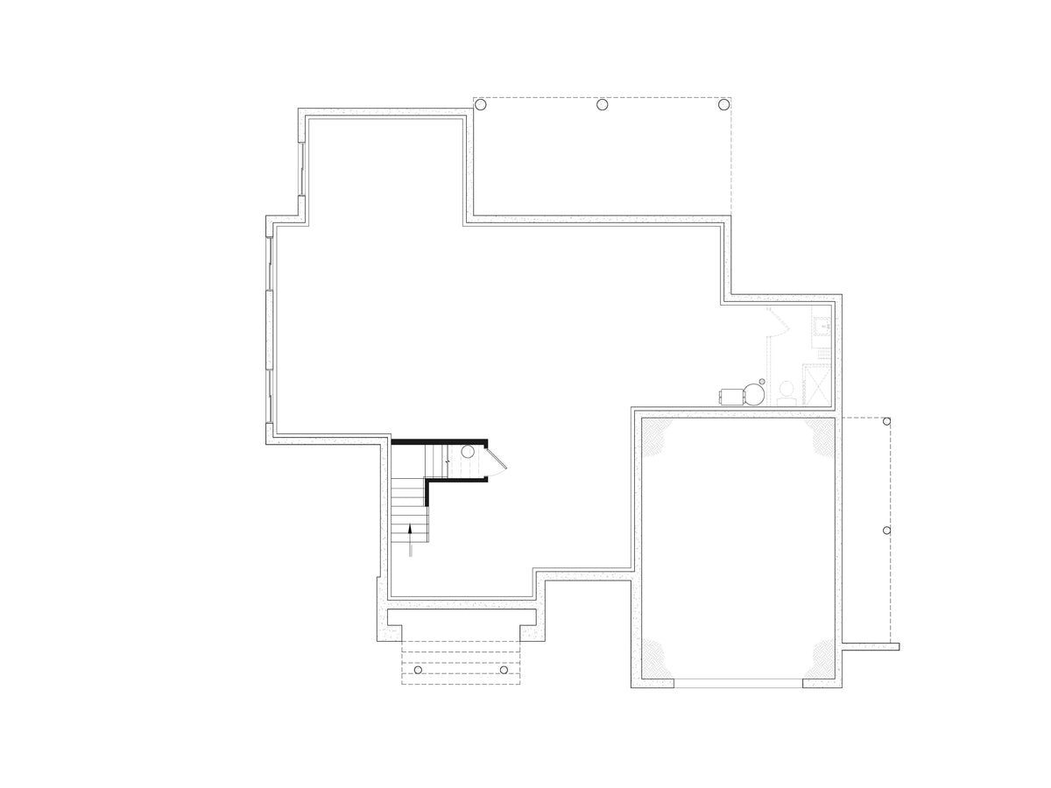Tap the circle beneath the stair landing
point(468,452)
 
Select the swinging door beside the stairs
point(496,462)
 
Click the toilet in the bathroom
point(786,390)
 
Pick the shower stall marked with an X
point(818,385)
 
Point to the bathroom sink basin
point(822,327)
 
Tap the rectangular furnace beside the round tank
point(730,397)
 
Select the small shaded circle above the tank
point(761,381)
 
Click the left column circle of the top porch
point(480,105)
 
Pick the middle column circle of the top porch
point(603,105)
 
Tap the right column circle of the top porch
point(723,105)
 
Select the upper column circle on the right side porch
point(887,422)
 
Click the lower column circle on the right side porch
point(887,531)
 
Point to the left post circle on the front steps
point(418,670)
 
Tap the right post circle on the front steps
point(504,670)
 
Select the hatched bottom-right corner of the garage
point(822,658)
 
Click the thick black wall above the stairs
point(438,441)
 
